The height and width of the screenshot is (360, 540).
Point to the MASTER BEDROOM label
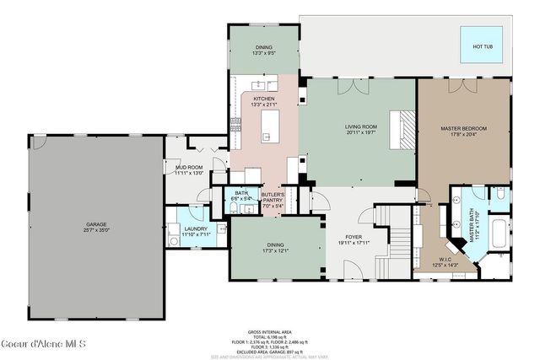pyautogui.click(x=463, y=128)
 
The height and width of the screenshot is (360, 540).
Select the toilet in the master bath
pyautogui.click(x=499, y=196)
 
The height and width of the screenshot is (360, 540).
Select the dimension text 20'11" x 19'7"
pyautogui.click(x=360, y=133)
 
